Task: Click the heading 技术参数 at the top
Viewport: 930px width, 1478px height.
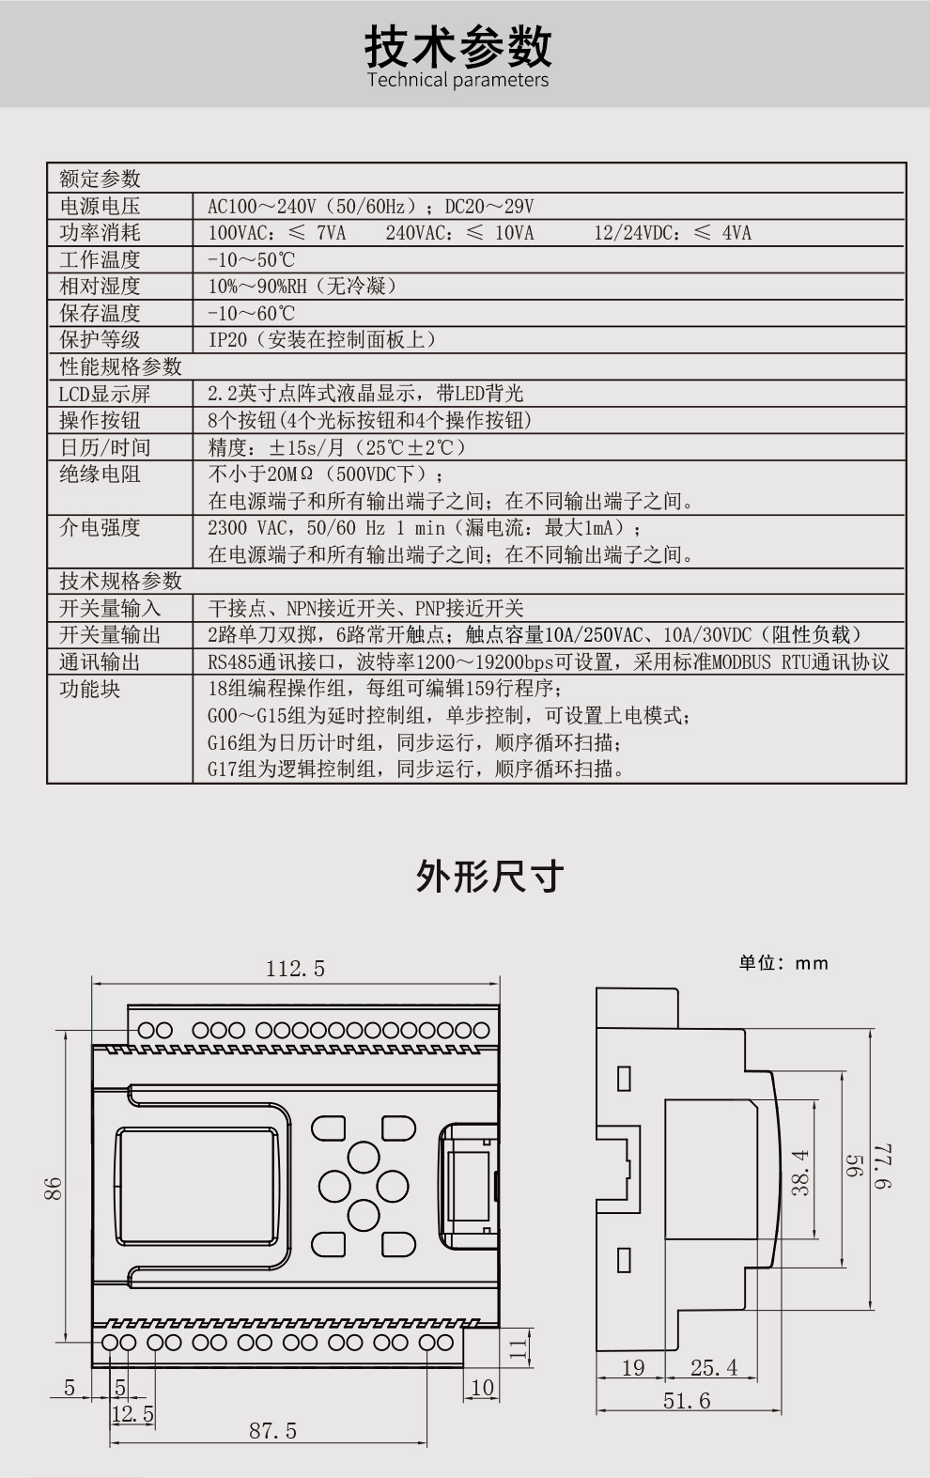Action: (458, 44)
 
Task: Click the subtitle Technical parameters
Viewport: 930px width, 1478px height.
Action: (458, 80)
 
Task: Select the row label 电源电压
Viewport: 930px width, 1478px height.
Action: (100, 206)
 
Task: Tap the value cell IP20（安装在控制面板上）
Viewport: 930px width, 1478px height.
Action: (322, 339)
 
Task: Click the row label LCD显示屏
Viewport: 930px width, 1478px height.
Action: (104, 394)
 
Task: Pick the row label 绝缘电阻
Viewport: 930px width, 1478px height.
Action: (100, 474)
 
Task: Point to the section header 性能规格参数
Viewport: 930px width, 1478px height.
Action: (120, 366)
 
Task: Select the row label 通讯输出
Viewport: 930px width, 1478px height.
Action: (100, 661)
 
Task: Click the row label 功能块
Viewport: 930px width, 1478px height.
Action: (90, 689)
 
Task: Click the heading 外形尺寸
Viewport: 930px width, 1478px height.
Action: (489, 876)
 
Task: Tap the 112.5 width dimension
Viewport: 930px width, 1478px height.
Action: (295, 969)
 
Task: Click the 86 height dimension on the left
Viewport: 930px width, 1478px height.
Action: (54, 1189)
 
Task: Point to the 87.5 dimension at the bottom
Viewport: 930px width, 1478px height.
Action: (272, 1431)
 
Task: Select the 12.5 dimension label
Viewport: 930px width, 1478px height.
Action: (132, 1413)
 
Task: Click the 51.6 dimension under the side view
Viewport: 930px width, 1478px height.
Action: (687, 1401)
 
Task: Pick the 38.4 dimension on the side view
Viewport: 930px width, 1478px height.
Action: (800, 1172)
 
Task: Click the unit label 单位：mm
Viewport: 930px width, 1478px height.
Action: (783, 963)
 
